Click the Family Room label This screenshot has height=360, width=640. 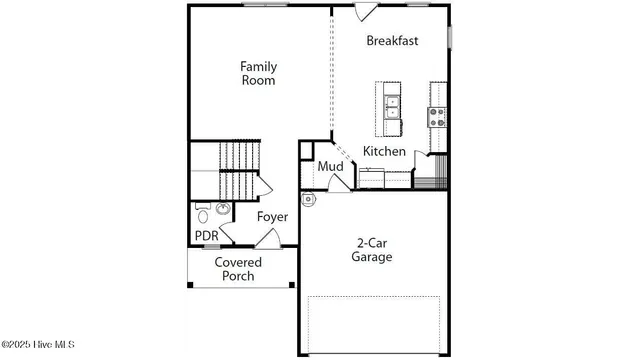(258, 73)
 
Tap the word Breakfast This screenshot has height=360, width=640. (392, 41)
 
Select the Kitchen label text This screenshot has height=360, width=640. (384, 151)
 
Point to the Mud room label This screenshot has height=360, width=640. (330, 166)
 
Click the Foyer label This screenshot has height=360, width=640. (272, 217)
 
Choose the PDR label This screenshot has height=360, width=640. (206, 236)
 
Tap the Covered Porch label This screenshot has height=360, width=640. (238, 269)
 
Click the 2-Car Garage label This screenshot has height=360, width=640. (371, 249)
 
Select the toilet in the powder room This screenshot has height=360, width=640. (203, 213)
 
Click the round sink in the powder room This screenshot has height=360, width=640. (222, 209)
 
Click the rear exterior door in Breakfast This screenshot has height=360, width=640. (367, 12)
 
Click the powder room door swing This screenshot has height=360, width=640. (227, 233)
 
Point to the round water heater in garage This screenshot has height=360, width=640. (308, 198)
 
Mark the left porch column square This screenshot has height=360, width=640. (190, 285)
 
